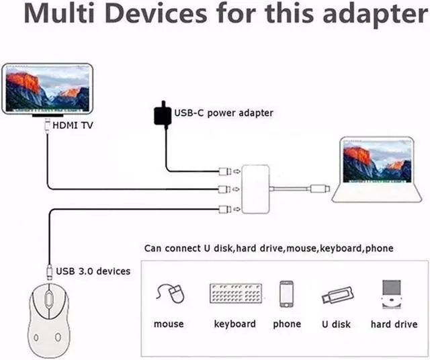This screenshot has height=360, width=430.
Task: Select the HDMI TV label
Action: [x=73, y=125]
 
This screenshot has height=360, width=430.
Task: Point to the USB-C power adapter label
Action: [x=224, y=113]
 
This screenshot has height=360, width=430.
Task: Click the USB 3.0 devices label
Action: [x=93, y=271]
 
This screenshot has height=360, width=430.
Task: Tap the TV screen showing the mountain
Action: [x=46, y=88]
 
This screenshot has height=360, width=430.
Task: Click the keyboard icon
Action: [x=234, y=294]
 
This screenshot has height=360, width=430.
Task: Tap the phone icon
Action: [x=287, y=294]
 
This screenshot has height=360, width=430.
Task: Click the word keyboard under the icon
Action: [x=234, y=324]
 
